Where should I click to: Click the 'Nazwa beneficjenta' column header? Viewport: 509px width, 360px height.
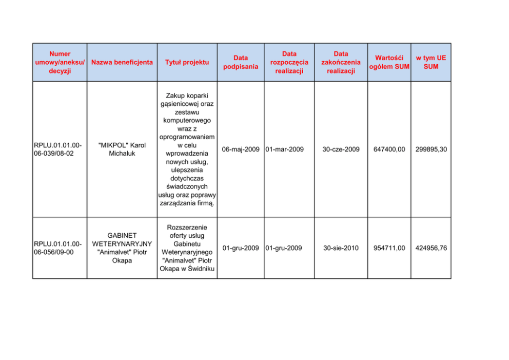tap(122, 62)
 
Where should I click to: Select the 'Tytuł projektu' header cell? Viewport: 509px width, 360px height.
tap(187, 62)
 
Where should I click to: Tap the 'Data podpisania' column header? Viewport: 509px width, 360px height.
tap(241, 62)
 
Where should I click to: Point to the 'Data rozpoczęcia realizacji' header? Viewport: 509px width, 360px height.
tap(289, 62)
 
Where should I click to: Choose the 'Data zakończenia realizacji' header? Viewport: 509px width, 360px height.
tap(341, 62)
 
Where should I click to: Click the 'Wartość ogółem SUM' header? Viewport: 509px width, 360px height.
tap(389, 62)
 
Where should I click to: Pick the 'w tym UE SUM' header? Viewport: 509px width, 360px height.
tap(430, 62)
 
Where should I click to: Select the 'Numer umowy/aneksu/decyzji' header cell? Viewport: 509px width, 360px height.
tap(60, 62)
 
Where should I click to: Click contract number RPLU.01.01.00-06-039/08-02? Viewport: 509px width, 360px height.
tap(57, 149)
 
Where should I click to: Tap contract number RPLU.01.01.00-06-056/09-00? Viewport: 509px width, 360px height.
tap(57, 248)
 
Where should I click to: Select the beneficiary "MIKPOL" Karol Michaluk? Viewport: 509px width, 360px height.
tap(122, 149)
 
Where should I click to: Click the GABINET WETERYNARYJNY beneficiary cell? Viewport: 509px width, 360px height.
tap(122, 248)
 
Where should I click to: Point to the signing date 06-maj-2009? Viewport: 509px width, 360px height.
tap(241, 149)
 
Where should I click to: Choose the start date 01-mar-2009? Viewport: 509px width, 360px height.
tap(285, 149)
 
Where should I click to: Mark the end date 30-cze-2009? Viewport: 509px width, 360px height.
tap(341, 149)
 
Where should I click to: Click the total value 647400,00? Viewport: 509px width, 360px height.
tap(389, 149)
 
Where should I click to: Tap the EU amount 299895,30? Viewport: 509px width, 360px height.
tap(431, 149)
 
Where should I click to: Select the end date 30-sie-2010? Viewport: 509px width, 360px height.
tap(341, 248)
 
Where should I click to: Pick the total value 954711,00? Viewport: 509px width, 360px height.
tap(389, 248)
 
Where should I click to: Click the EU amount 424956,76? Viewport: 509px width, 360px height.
tap(431, 248)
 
